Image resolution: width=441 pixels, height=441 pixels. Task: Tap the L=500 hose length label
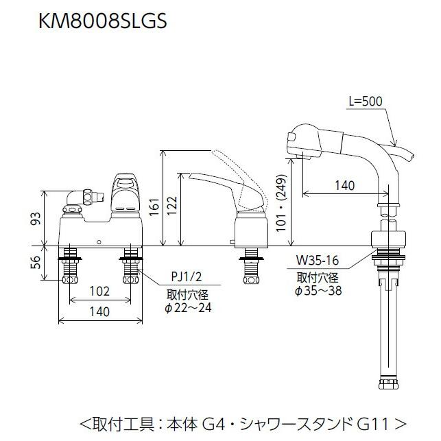(x=366, y=101)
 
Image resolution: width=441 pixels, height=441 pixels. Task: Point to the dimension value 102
(x=100, y=291)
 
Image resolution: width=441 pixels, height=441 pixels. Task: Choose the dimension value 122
(x=174, y=204)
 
